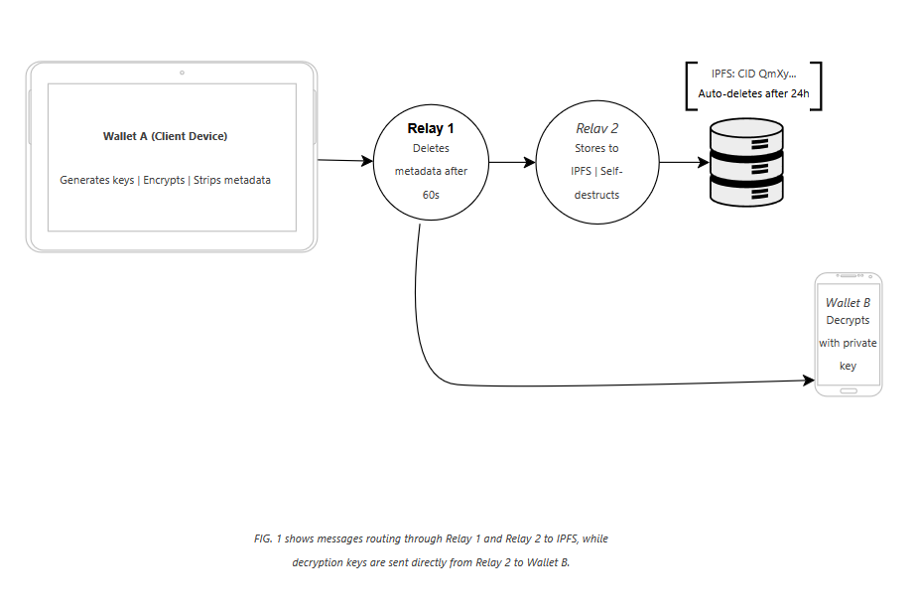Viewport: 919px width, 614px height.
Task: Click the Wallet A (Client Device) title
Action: click(x=166, y=136)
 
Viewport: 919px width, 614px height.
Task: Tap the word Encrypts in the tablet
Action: click(x=164, y=180)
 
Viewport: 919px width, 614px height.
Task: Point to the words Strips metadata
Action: click(x=232, y=180)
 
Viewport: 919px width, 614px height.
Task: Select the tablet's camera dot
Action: click(x=182, y=73)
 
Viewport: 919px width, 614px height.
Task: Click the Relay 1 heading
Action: click(x=431, y=128)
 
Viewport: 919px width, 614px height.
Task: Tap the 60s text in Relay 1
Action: click(x=431, y=195)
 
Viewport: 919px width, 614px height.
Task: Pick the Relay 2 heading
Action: click(x=596, y=128)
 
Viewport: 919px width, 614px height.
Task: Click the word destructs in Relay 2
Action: click(x=596, y=195)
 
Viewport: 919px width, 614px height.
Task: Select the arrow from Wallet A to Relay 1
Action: click(x=345, y=160)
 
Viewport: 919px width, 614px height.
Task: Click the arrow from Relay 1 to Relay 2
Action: click(x=512, y=162)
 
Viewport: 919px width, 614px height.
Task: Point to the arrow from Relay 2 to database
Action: click(x=684, y=162)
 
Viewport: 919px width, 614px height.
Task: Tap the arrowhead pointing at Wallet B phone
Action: click(x=809, y=381)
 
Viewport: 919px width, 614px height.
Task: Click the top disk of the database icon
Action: click(x=746, y=135)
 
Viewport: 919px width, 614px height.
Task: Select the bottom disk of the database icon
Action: click(x=746, y=192)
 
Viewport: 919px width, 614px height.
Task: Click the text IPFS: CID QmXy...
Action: click(x=753, y=74)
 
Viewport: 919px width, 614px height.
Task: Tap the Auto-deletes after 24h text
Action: click(x=753, y=93)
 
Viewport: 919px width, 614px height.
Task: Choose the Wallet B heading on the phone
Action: click(x=849, y=303)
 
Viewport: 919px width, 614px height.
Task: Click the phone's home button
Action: click(x=849, y=390)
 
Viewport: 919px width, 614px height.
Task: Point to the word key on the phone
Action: click(x=849, y=366)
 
